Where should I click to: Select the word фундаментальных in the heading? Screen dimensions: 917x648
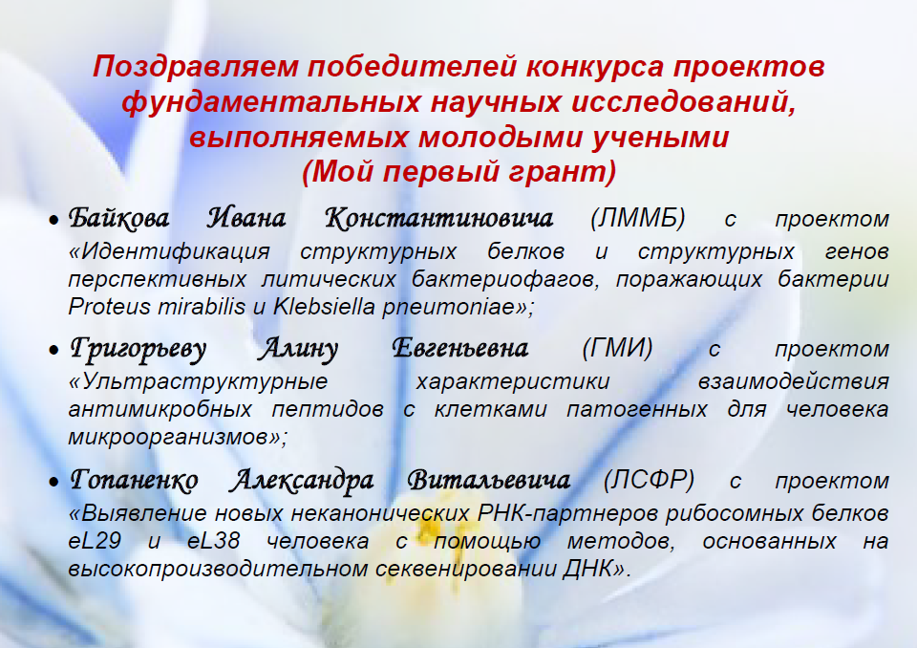click(271, 102)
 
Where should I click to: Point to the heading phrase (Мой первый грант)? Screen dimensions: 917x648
click(459, 171)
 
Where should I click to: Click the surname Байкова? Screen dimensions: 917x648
click(118, 218)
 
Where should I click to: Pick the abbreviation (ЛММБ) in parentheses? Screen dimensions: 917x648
click(637, 218)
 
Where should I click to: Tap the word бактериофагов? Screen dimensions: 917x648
click(505, 279)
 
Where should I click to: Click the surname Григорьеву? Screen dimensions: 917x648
click(138, 349)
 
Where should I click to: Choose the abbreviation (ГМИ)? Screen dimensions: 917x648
click(617, 348)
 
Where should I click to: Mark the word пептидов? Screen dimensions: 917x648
click(328, 409)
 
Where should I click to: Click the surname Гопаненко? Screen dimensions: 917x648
click(134, 480)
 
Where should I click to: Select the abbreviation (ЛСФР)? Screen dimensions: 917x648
click(649, 480)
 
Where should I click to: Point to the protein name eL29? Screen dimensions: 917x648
click(95, 540)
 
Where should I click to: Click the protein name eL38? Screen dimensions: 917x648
click(213, 540)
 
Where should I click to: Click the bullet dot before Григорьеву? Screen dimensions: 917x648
click(53, 350)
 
